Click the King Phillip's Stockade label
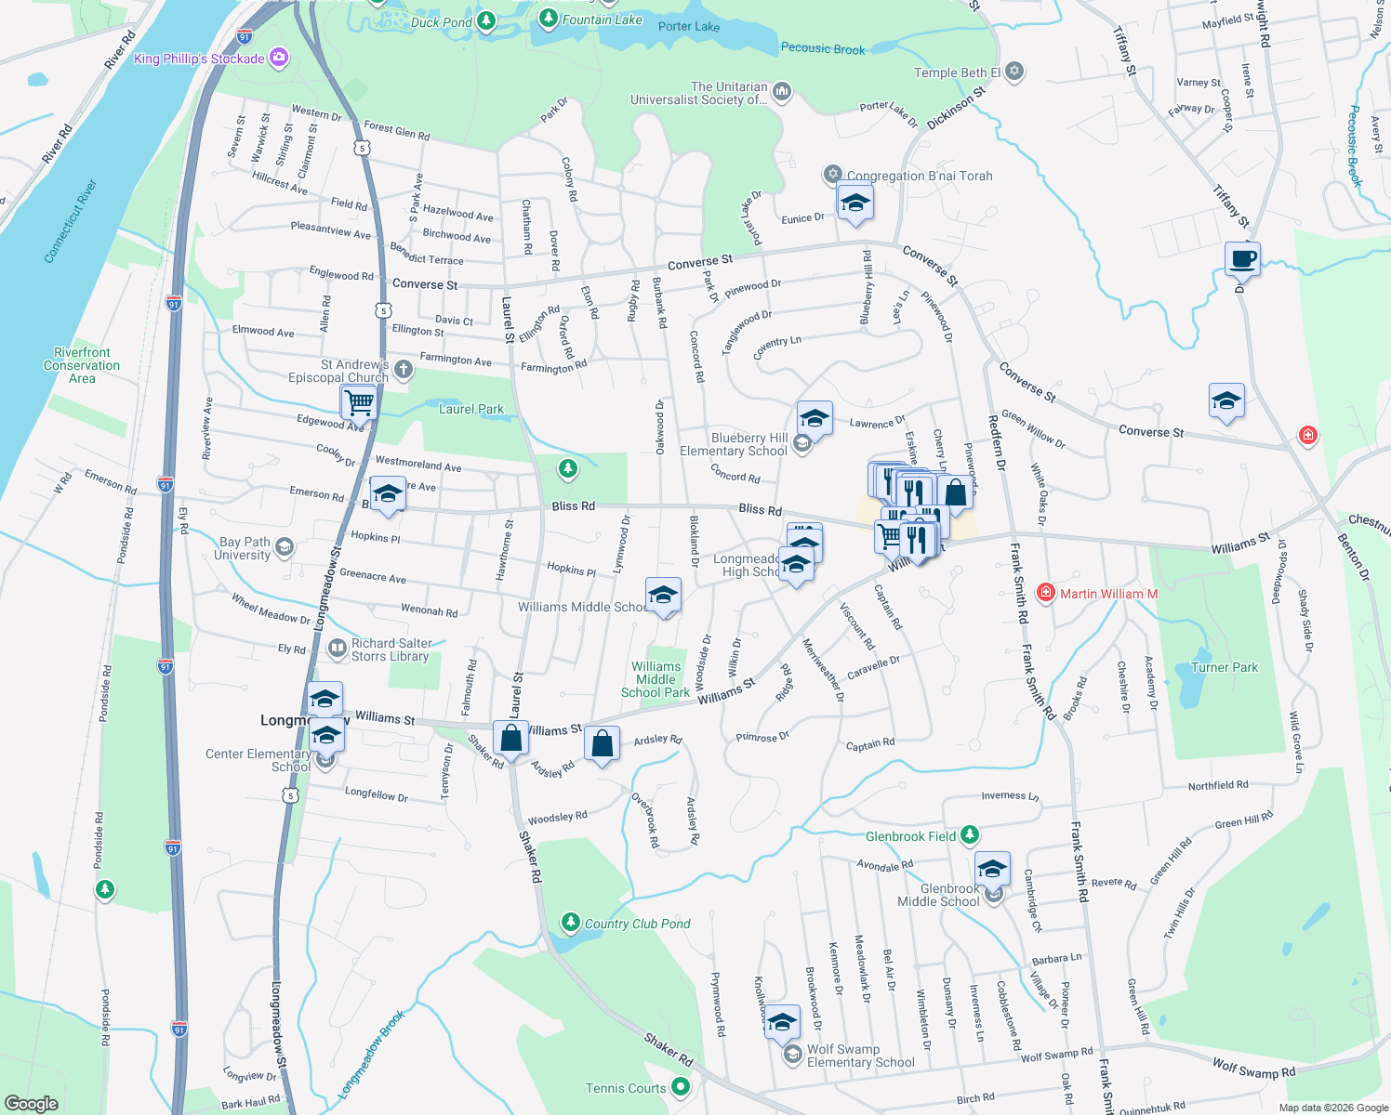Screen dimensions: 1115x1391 pyautogui.click(x=199, y=59)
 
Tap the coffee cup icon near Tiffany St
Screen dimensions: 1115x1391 pyautogui.click(x=1242, y=258)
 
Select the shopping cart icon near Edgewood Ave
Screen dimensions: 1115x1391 pyautogui.click(x=358, y=403)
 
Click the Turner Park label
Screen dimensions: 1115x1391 pyautogui.click(x=1225, y=667)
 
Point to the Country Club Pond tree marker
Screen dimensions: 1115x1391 pyautogui.click(x=570, y=922)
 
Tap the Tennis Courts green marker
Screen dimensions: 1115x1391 pyautogui.click(x=681, y=1086)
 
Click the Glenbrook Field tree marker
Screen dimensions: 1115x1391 pyautogui.click(x=970, y=835)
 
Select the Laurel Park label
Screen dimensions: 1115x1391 pyautogui.click(x=471, y=409)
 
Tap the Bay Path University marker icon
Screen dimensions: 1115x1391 pyautogui.click(x=285, y=546)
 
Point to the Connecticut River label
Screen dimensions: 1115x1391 pyautogui.click(x=70, y=221)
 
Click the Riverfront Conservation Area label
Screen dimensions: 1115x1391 pyautogui.click(x=82, y=365)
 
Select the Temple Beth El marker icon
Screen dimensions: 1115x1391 pyautogui.click(x=1014, y=71)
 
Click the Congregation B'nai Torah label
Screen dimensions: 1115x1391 pyautogui.click(x=920, y=176)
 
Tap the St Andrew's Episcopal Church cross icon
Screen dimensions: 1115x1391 pyautogui.click(x=403, y=369)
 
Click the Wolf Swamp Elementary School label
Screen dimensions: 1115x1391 pyautogui.click(x=860, y=1056)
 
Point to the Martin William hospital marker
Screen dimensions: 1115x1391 pyautogui.click(x=1045, y=592)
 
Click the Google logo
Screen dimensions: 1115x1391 pyautogui.click(x=31, y=1103)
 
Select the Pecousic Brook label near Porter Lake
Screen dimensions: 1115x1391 pyautogui.click(x=823, y=49)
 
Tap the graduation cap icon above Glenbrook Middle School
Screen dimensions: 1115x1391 pyautogui.click(x=992, y=869)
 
